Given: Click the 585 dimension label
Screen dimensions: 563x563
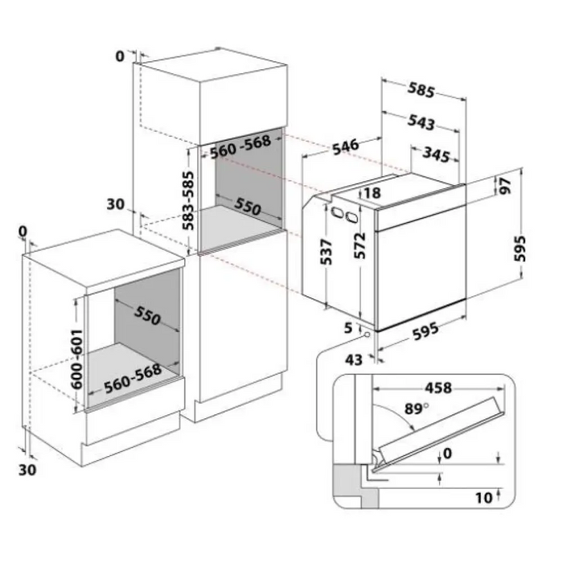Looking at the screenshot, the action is pos(421,90).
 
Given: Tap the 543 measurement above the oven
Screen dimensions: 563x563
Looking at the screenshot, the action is pos(421,122).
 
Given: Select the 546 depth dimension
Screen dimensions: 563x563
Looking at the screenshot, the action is pos(345,146).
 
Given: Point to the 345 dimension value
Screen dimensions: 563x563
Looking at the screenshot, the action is pos(436,154).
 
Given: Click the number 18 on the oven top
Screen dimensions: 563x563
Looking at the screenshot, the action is pos(372,193).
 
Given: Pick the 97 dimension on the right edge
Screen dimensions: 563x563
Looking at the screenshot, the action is pos(505,186).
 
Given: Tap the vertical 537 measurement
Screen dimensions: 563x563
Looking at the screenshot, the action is pos(327,251).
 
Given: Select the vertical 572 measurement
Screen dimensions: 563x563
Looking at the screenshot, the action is pos(359,246).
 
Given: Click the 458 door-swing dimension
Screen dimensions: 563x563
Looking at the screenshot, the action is pos(438,388).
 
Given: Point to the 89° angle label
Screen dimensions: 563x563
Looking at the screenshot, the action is pos(417,409).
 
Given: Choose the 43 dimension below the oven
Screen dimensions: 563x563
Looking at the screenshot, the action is pos(354,360).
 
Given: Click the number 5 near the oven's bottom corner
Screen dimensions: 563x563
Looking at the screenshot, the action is pos(348,328).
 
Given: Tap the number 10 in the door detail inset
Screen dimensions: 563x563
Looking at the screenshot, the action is pos(483,498).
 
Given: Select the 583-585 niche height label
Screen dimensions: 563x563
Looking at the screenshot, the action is pos(187,200).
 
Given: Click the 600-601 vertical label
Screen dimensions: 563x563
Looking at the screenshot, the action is pos(76,359).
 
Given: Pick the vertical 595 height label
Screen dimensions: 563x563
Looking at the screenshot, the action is pos(520,249).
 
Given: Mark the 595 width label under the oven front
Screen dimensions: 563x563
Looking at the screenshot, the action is pos(425,331).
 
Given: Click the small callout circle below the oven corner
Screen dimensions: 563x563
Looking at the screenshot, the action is pos(367,335).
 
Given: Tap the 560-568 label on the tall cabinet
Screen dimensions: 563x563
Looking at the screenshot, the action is pos(240,147).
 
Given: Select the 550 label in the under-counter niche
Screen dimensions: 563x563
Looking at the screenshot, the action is pos(147,316).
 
